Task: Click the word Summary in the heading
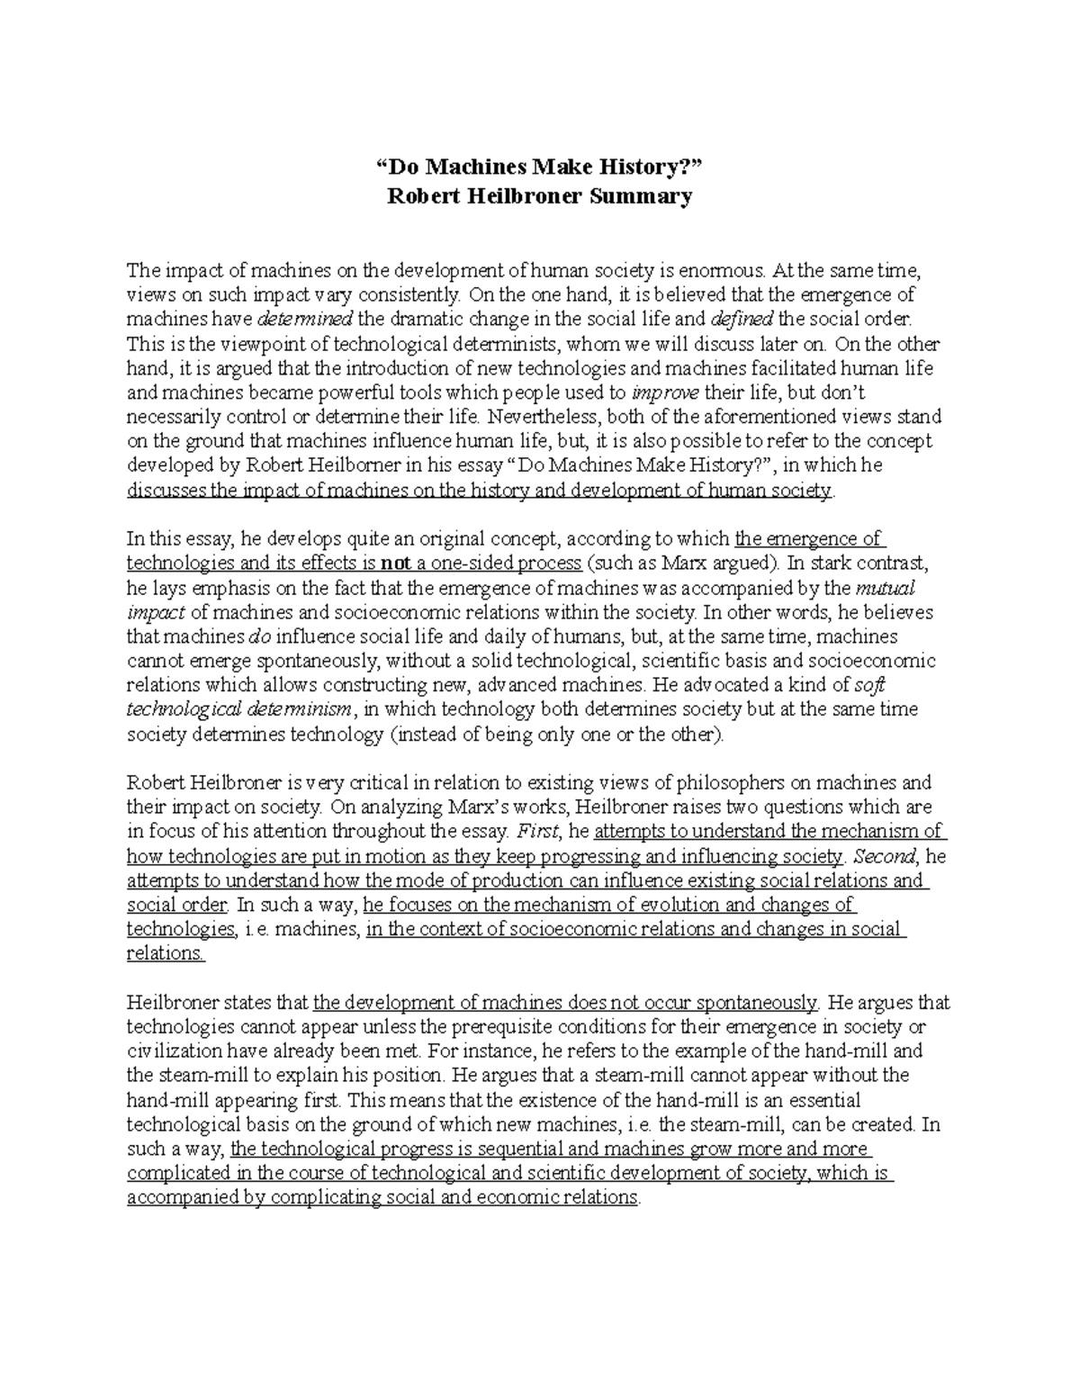641,196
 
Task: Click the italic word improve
665,392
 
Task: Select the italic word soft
868,685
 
